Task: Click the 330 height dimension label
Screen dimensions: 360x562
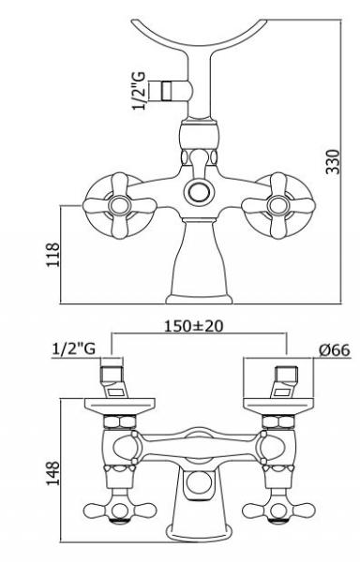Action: (332, 162)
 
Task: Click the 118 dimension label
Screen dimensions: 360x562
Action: (53, 255)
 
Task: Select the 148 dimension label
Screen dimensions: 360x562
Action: (52, 473)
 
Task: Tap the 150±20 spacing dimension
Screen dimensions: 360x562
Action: (194, 326)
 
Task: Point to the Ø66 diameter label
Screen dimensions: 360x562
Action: (334, 349)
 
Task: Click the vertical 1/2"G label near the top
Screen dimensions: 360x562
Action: (140, 91)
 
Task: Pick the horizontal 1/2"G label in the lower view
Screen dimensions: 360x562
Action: (74, 348)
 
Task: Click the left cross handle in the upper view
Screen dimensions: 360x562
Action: (120, 206)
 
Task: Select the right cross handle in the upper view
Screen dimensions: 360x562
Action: (278, 206)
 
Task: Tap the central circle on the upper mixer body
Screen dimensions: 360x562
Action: (197, 192)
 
